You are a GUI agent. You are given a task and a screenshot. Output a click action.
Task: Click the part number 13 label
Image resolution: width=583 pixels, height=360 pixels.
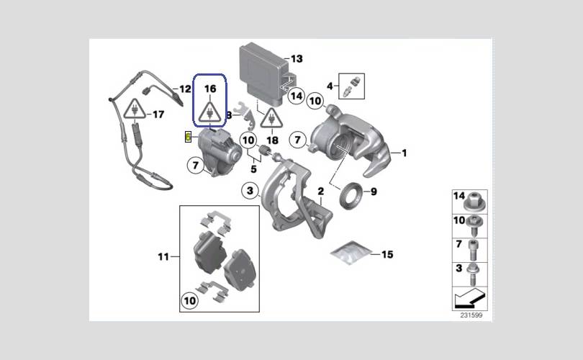coord(297,58)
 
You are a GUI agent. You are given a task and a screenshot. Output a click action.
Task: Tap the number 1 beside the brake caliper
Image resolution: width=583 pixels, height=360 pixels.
coord(404,153)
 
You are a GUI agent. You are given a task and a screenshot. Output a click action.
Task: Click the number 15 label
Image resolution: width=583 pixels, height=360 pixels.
coord(387,254)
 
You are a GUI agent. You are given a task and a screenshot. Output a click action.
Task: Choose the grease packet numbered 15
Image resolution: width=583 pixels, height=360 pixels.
coord(351,252)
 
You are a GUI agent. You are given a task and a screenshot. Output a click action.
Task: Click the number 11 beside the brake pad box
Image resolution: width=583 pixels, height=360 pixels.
coord(163,256)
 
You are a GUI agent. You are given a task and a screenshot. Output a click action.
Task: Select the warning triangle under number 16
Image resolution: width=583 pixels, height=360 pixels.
coord(210,112)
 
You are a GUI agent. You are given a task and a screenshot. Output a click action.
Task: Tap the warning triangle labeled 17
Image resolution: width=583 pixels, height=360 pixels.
coord(133,110)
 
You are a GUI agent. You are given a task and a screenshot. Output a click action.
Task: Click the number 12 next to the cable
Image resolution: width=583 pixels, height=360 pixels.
coord(185,89)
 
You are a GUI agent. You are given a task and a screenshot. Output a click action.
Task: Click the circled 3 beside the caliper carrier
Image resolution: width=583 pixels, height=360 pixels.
coord(249,191)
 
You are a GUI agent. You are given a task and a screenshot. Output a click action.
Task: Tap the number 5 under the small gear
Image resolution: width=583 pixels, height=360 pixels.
coord(253,170)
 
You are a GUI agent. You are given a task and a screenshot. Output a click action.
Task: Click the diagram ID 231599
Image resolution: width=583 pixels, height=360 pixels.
coord(472,315)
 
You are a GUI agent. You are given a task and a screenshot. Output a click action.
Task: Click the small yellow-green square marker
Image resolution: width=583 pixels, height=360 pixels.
coord(189,136)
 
